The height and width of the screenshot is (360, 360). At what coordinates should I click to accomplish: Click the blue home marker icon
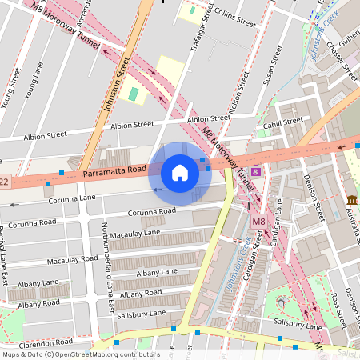(x=180, y=173)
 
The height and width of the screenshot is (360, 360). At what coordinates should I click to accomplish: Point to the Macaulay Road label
(x=72, y=261)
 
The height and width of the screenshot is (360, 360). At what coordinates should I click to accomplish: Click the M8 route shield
(x=258, y=222)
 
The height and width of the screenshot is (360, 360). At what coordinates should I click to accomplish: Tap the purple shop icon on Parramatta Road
(x=256, y=170)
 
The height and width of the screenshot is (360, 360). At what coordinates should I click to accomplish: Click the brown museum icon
(x=351, y=199)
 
